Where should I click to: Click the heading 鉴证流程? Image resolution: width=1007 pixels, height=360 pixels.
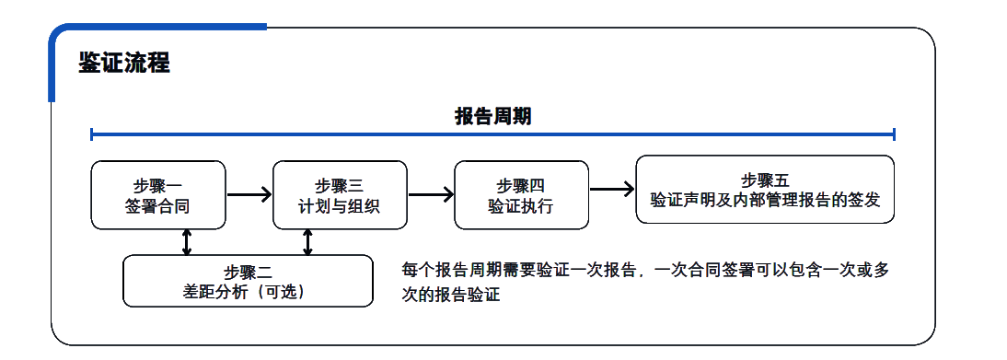[123, 64]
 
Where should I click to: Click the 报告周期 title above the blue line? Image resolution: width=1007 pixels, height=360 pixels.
[492, 116]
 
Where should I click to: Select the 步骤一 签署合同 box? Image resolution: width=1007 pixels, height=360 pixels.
[158, 195]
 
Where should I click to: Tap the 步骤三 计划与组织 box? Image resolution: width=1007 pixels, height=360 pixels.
[340, 195]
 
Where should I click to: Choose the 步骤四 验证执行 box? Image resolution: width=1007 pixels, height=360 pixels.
[521, 195]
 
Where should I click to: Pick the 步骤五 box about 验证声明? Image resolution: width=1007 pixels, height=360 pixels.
[765, 189]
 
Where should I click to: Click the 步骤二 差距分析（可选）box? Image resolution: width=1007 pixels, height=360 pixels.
[248, 281]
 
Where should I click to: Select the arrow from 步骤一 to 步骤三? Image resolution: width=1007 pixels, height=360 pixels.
[249, 194]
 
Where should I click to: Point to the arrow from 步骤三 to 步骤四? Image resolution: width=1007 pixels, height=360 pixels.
[431, 194]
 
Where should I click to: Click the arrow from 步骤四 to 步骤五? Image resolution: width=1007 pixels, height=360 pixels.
[612, 190]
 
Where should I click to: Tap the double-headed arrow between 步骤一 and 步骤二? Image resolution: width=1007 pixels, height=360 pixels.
[187, 241]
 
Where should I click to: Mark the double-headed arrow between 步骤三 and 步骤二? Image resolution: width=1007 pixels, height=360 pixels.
[307, 241]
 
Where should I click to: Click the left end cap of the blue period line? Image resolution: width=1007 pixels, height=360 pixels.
[92, 135]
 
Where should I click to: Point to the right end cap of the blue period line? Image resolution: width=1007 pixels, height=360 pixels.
[894, 135]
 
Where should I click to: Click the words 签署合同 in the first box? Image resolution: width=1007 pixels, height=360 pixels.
[158, 205]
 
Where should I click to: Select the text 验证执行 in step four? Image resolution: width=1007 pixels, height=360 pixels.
[521, 205]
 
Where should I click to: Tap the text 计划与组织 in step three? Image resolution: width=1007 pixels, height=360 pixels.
[340, 205]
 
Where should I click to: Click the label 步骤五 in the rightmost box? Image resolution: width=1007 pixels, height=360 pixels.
[765, 180]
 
